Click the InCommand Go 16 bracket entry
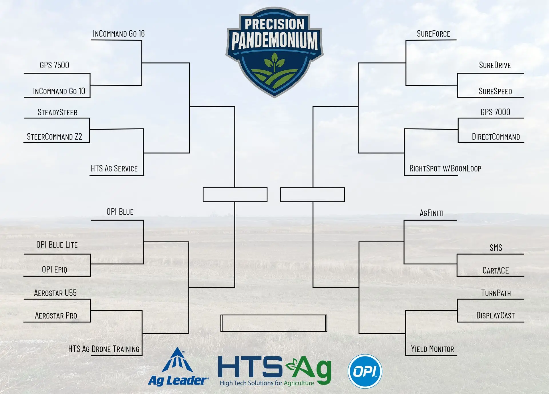pos(119,34)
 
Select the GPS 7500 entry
pos(54,65)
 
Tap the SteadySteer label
pos(57,112)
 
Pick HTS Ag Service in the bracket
pos(114,168)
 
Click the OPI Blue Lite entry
pos(57,245)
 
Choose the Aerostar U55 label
pos(55,293)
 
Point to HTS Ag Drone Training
pos(104,349)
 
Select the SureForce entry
pos(433,34)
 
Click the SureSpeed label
pos(495,91)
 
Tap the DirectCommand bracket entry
pos(496,136)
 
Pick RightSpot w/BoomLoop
pos(445,168)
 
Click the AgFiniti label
pos(431,213)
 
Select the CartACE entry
pos(496,270)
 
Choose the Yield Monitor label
pos(432,349)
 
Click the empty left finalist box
pos(235,195)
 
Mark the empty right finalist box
pos(313,195)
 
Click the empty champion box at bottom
pos(274,323)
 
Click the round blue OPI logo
pos(365,371)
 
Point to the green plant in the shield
pos(274,63)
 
